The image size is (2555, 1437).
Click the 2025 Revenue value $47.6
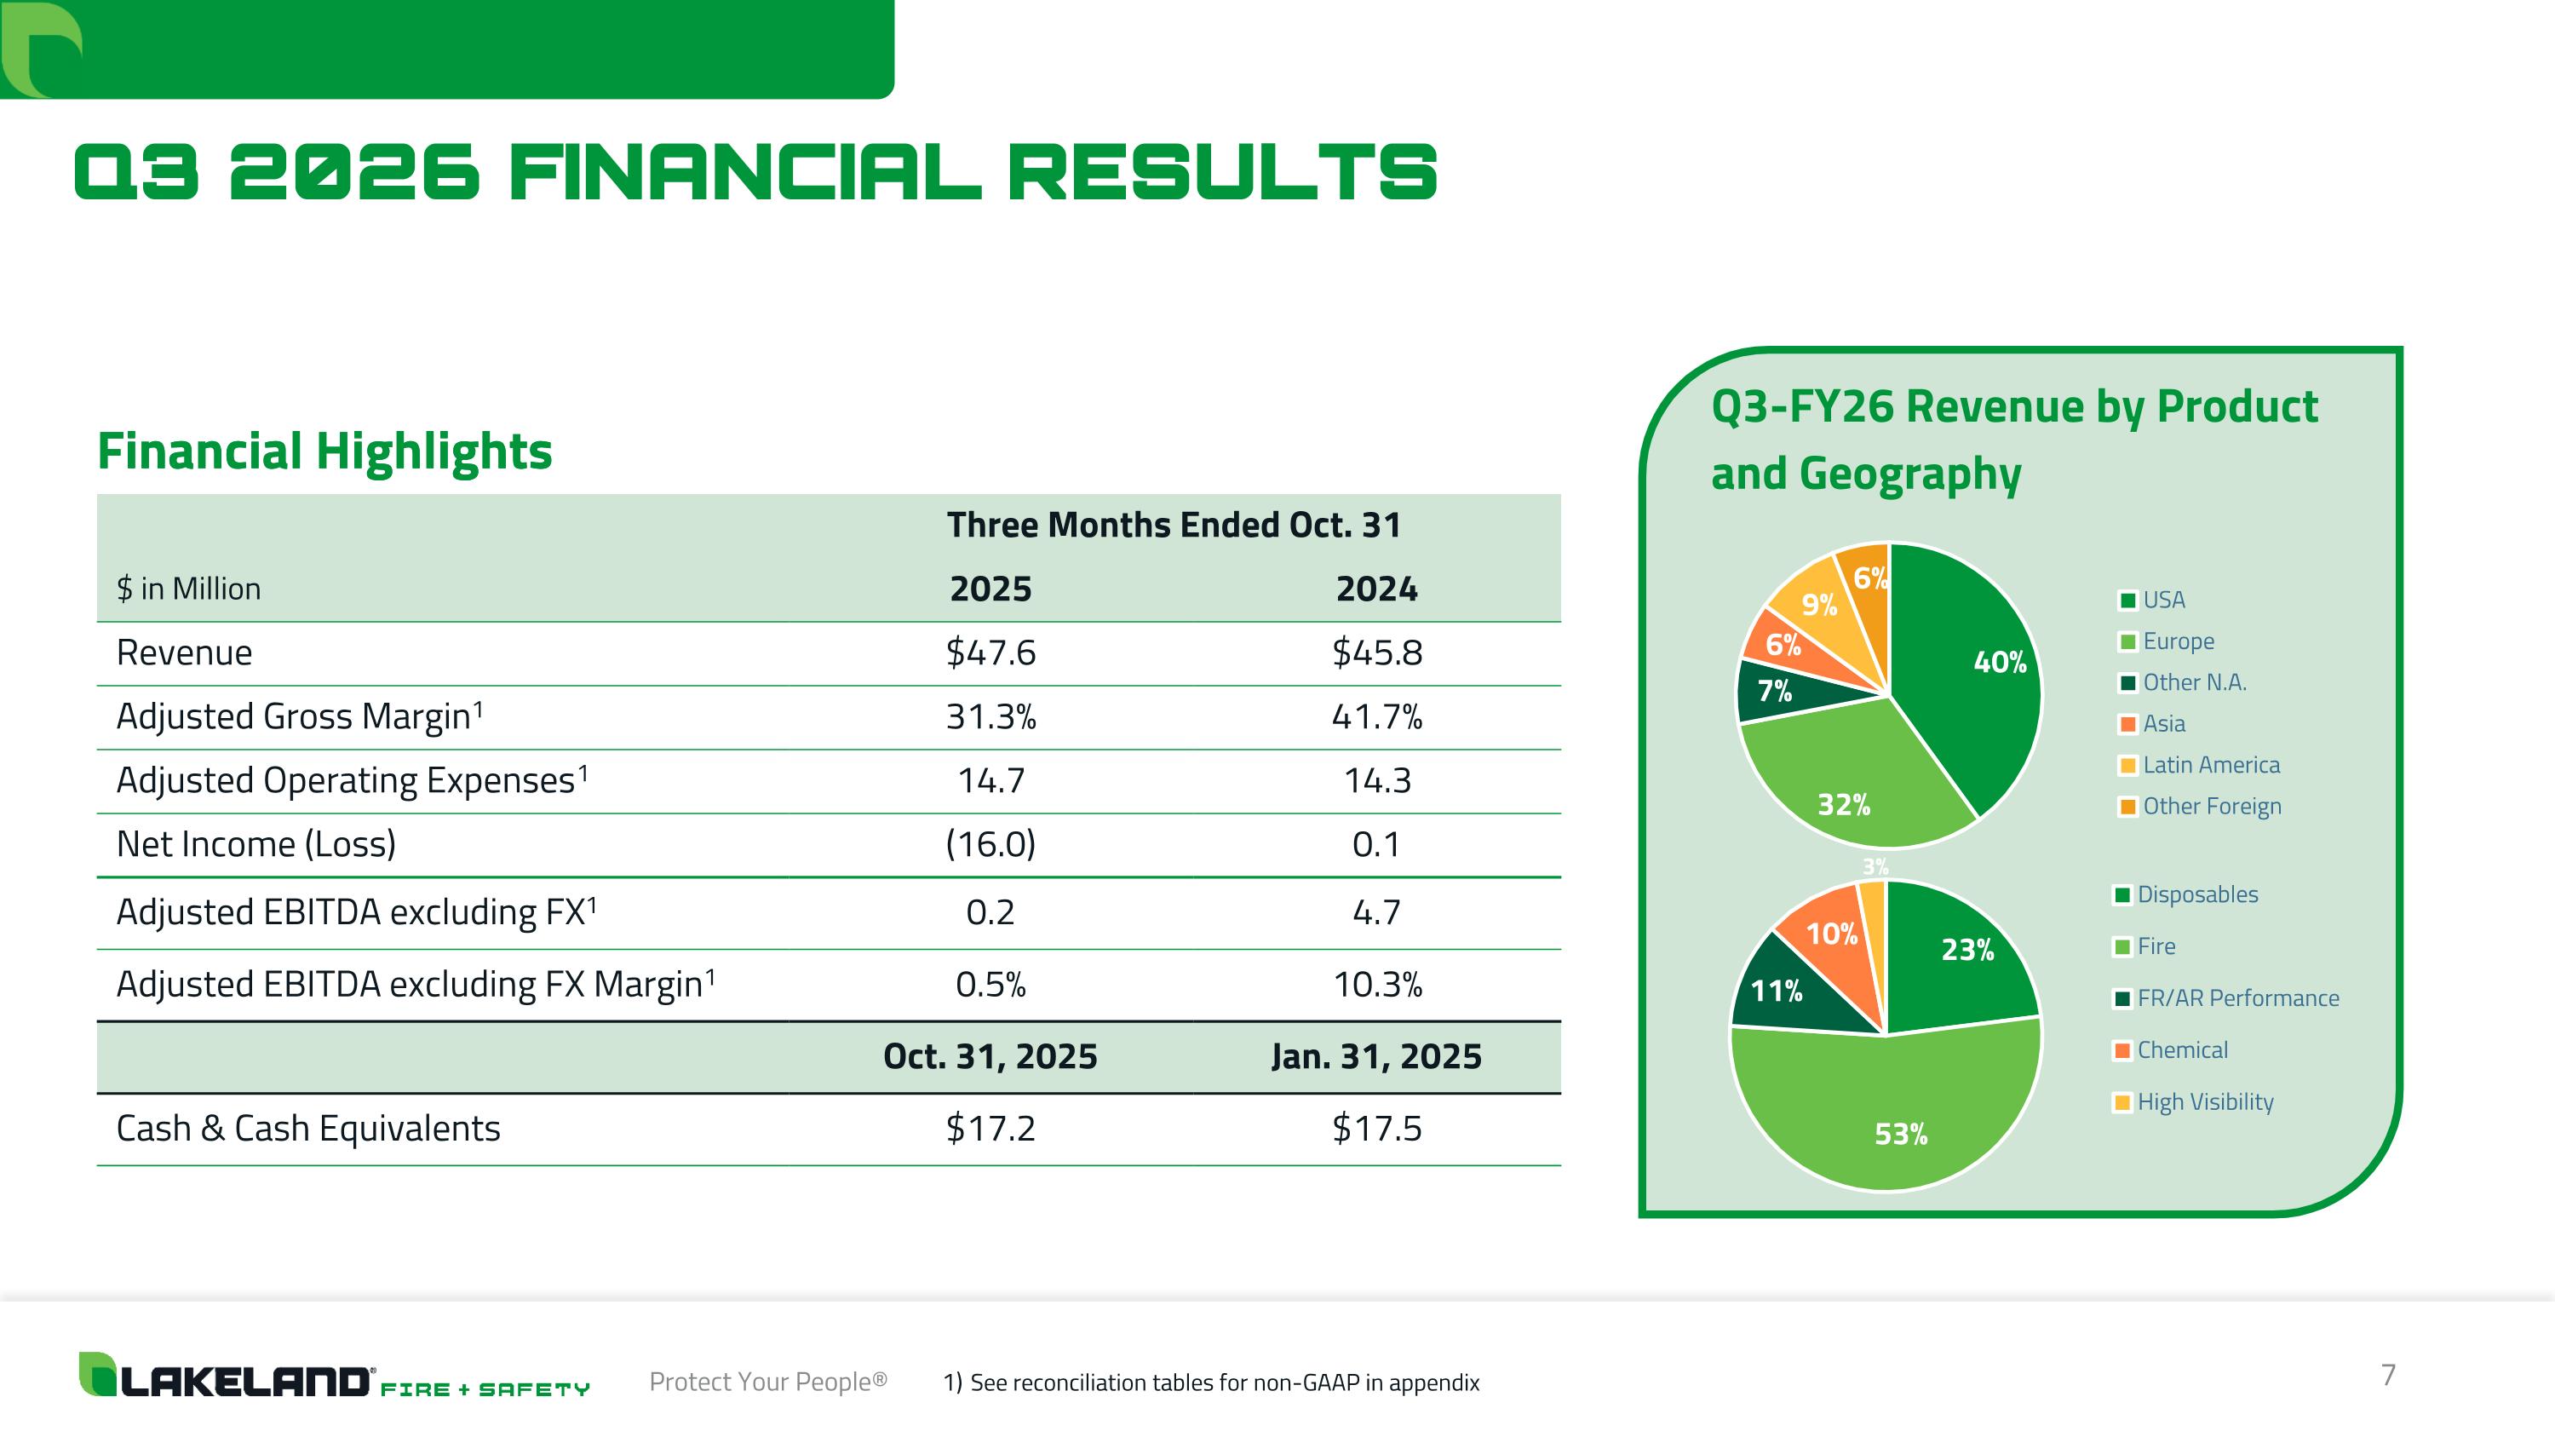coord(990,652)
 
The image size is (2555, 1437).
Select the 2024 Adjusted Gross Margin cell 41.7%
coord(1376,716)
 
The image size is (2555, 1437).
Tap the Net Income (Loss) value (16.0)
coord(990,844)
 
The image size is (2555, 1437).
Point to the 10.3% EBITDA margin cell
coord(1376,985)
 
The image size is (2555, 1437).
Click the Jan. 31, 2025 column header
coord(1376,1056)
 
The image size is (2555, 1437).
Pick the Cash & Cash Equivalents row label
coord(308,1129)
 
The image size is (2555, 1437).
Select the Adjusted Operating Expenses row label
coord(352,780)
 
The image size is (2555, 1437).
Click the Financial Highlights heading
coord(324,451)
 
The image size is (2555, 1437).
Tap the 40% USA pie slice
coord(1974,675)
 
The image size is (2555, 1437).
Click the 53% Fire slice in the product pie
coord(1885,1111)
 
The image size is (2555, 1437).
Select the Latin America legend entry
coord(2200,765)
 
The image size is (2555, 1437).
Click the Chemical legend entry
coord(2172,1050)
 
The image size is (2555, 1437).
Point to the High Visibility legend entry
coord(2194,1101)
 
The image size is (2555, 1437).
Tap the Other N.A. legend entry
coord(2183,682)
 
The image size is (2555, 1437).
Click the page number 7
coord(2388,1375)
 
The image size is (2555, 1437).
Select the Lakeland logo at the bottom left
coord(334,1375)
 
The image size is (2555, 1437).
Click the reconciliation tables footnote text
coord(1211,1382)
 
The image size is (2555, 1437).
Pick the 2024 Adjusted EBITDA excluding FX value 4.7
coord(1376,912)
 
